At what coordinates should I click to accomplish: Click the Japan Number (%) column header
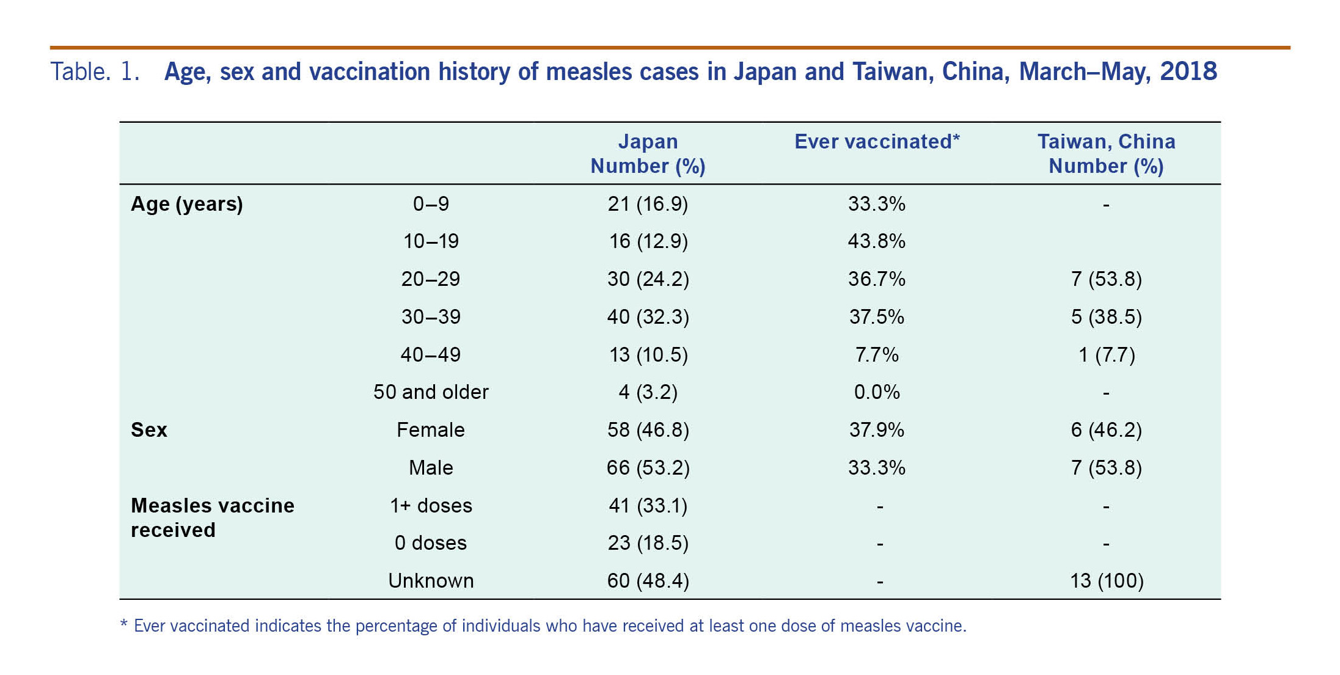coord(648,153)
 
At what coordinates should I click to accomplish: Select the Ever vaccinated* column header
coord(877,142)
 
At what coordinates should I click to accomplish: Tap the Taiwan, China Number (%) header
coord(1106,153)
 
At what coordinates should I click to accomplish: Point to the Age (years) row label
coord(187,204)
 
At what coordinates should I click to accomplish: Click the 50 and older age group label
coord(431,392)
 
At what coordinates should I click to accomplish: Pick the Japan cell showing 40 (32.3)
coord(648,317)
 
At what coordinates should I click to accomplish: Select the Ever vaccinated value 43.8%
coord(876,241)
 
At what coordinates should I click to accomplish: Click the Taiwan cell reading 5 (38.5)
coord(1106,317)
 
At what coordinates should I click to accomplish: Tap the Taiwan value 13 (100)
coord(1106,580)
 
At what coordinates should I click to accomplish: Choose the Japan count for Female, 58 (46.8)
coord(648,430)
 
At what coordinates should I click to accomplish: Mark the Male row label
coord(431,468)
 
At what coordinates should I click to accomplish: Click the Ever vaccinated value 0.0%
coord(876,392)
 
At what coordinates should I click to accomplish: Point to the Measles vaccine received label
coord(212,517)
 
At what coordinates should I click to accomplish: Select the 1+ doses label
coord(431,506)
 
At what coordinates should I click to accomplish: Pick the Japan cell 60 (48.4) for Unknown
coord(648,580)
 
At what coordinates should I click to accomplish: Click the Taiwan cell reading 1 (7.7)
coord(1106,355)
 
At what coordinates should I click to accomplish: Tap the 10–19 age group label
coord(431,241)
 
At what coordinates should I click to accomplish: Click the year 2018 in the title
coord(1188,71)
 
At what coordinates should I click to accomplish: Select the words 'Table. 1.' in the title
coord(95,71)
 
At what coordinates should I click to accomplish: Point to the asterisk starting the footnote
coord(124,624)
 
